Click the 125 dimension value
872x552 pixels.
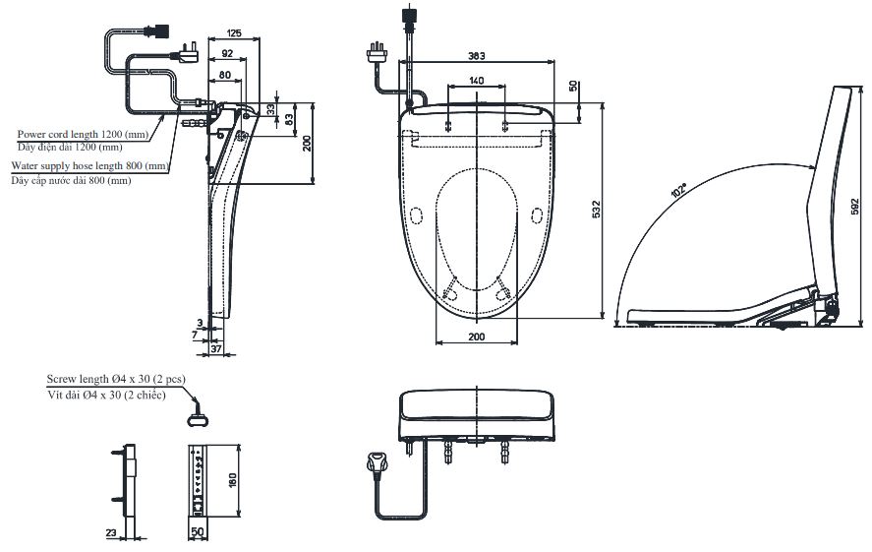(233, 31)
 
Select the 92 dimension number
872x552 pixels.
(227, 54)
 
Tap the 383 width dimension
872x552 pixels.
(476, 56)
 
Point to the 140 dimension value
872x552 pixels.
(476, 80)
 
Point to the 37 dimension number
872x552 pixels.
(216, 348)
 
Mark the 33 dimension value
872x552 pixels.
(272, 107)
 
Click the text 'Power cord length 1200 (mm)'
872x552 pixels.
(83, 134)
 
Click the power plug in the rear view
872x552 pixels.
(377, 461)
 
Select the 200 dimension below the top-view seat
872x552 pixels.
(476, 337)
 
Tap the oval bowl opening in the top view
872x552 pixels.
(476, 226)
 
